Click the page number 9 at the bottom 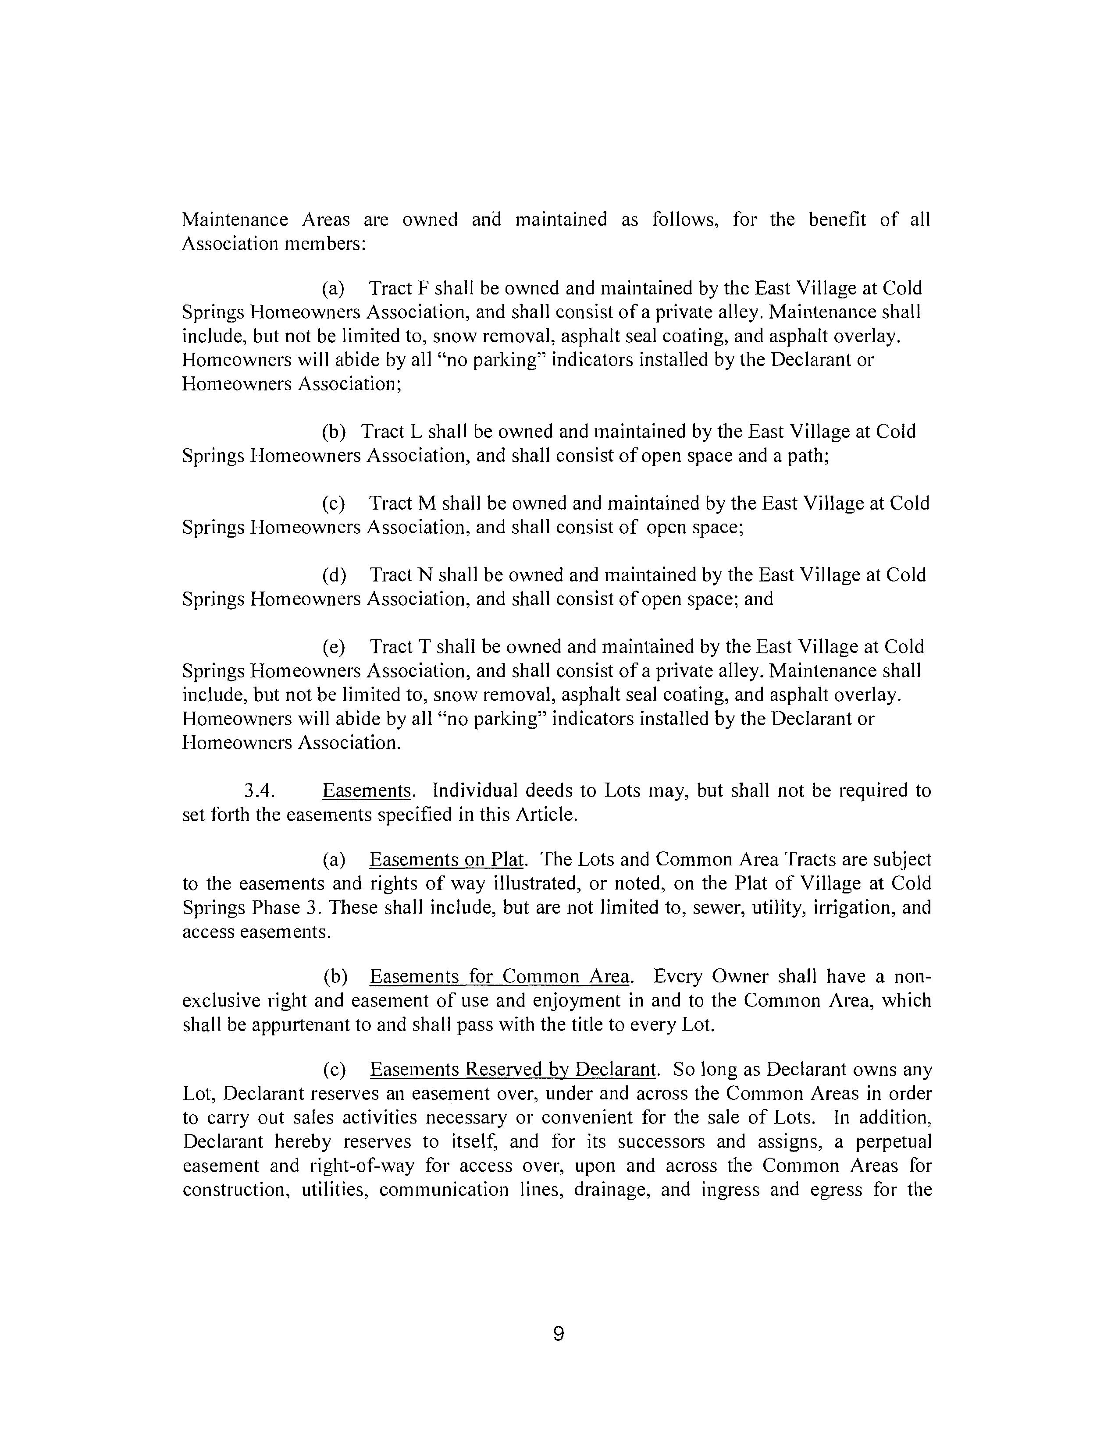[558, 1333]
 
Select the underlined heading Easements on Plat [447, 859]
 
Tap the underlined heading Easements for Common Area [500, 977]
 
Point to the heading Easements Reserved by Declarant [513, 1069]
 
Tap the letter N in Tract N [424, 575]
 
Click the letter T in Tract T [424, 646]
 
